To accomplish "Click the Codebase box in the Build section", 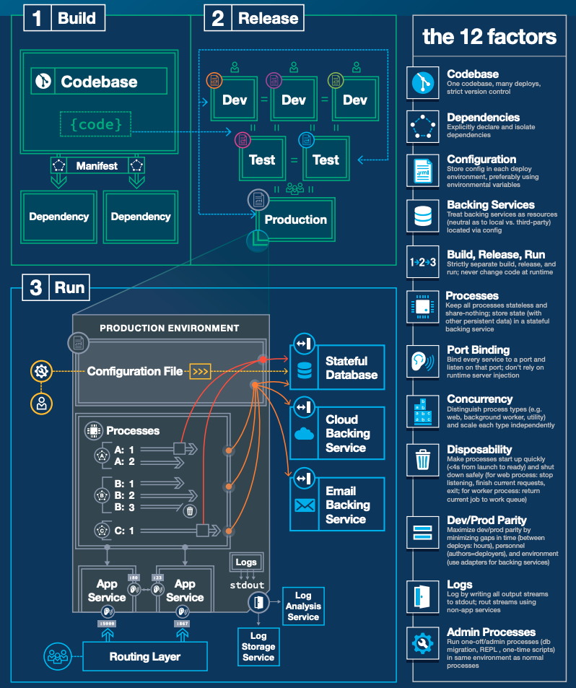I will click(x=100, y=82).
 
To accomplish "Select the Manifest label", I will click(x=97, y=166).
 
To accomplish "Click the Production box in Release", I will click(x=295, y=219).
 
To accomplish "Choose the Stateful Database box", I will click(x=337, y=367).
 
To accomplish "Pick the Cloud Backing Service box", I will click(x=337, y=433).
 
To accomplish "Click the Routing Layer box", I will click(x=144, y=657).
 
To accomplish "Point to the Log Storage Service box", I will click(x=258, y=646).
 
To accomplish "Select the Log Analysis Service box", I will click(x=303, y=606).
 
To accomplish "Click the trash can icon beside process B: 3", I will click(x=190, y=511).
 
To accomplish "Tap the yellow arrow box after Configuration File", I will click(x=200, y=372).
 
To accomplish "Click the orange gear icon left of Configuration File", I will click(x=41, y=372).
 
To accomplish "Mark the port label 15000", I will click(x=108, y=623).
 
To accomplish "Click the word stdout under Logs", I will click(x=246, y=585).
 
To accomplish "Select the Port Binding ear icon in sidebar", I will click(x=422, y=360).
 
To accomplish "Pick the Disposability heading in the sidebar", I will click(x=479, y=448).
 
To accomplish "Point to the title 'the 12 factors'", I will click(x=489, y=37).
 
